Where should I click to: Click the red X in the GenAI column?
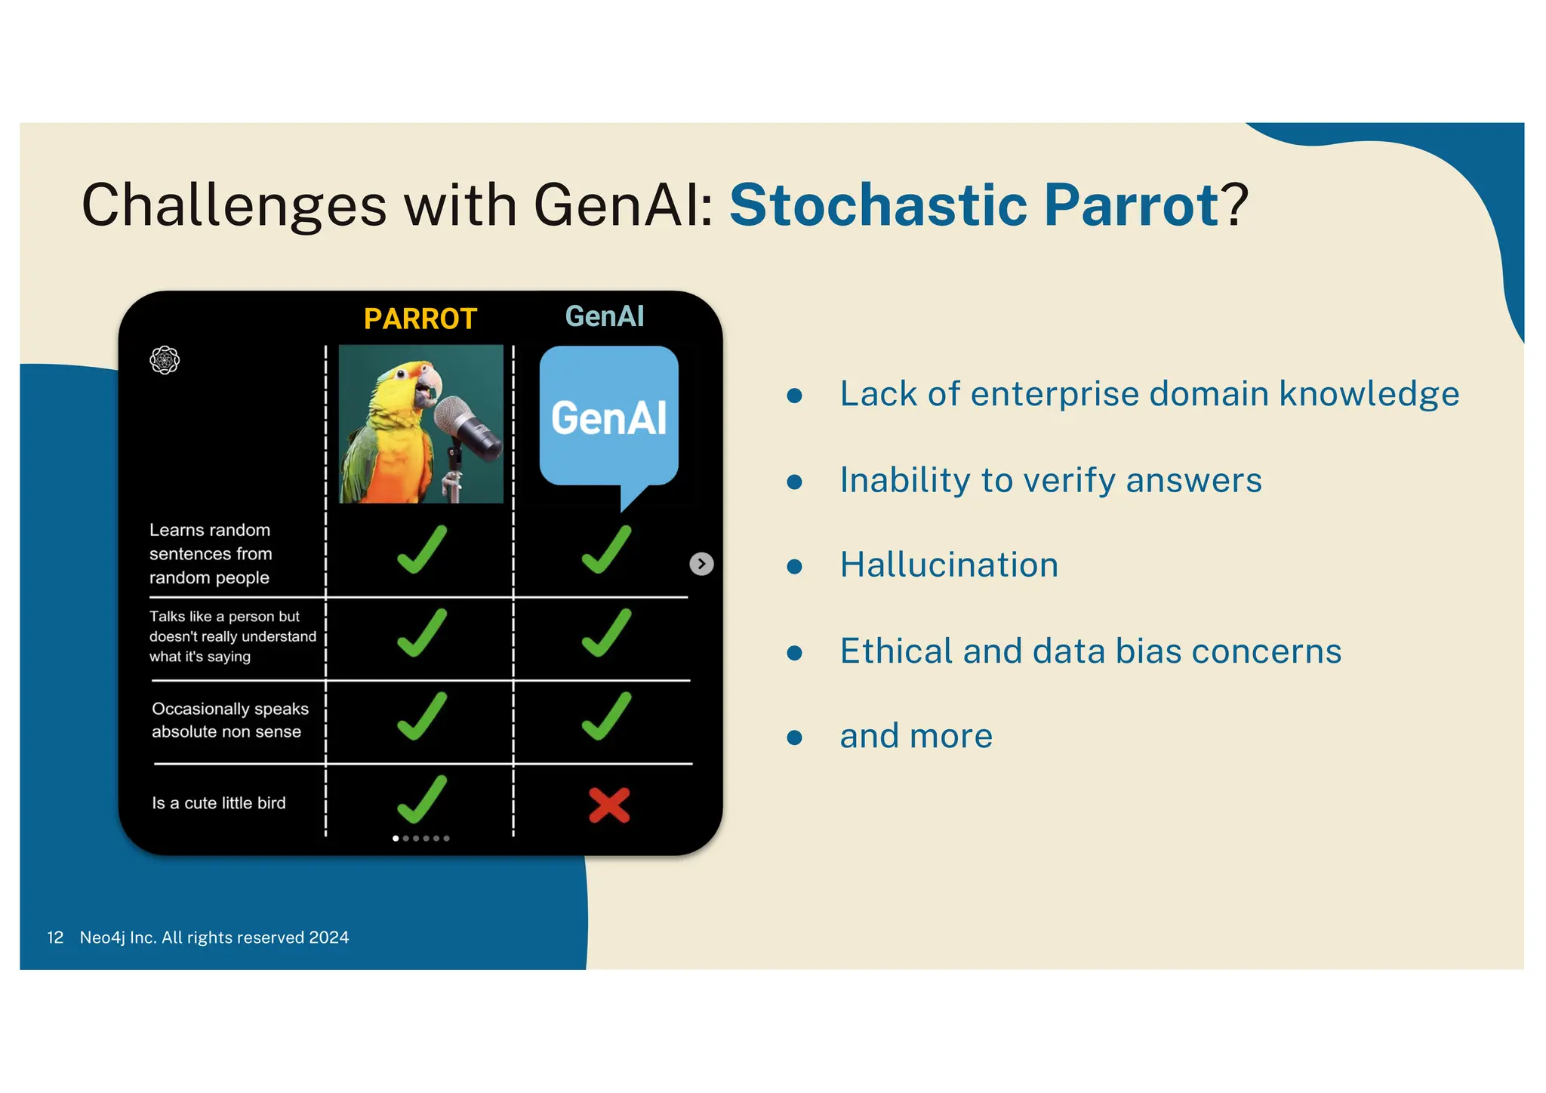[608, 805]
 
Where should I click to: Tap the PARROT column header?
[420, 319]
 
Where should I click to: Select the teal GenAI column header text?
[604, 316]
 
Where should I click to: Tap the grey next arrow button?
[701, 564]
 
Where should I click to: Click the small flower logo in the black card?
[165, 360]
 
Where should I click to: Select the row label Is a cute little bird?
[219, 803]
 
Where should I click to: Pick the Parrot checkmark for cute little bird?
[421, 800]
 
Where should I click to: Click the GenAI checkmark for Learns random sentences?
[605, 550]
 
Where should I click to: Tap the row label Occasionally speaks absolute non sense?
[229, 720]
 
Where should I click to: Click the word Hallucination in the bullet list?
[949, 565]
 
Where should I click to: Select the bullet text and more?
[916, 736]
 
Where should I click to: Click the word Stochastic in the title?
[878, 205]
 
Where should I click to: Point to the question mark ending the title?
[1236, 205]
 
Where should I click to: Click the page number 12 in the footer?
[55, 938]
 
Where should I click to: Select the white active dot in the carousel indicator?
[396, 838]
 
